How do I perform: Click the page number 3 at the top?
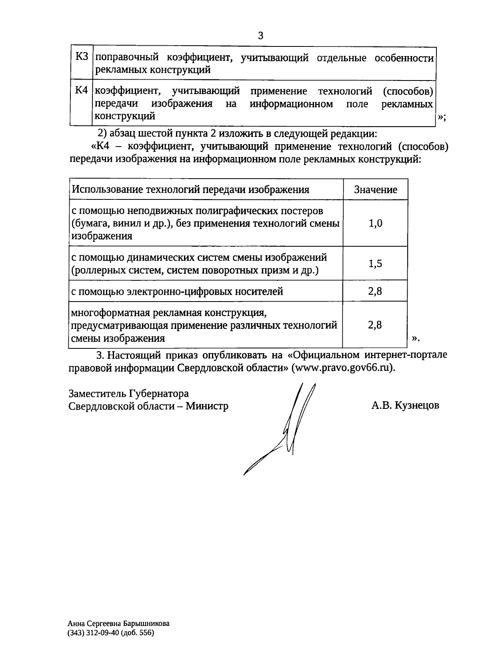pyautogui.click(x=260, y=36)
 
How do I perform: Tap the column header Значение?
pyautogui.click(x=375, y=190)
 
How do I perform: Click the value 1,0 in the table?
pyautogui.click(x=375, y=223)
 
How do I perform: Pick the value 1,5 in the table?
pyautogui.click(x=375, y=264)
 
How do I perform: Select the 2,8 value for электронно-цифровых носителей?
pyautogui.click(x=375, y=291)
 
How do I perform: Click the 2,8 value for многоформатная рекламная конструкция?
pyautogui.click(x=375, y=325)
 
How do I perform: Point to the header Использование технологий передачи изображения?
pyautogui.click(x=190, y=190)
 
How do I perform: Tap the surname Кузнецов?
pyautogui.click(x=417, y=406)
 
